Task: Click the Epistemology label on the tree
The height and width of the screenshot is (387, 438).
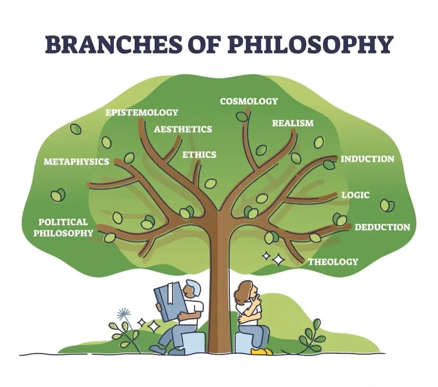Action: pos(142,112)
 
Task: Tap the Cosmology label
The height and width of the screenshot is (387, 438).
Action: pos(249,101)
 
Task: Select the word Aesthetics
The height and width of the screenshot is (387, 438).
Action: pos(183,129)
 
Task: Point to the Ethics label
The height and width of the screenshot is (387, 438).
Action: pos(199,155)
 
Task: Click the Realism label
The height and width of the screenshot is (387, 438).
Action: pos(293,123)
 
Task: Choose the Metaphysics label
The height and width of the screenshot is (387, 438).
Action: pos(76,162)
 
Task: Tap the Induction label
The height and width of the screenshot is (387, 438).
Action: pos(367,159)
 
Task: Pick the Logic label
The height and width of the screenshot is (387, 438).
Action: pos(355,195)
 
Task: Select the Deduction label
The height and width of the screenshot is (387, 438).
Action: pos(382,227)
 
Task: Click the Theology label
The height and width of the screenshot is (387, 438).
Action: pos(333,261)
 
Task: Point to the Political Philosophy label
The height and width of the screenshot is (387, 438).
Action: pos(63,228)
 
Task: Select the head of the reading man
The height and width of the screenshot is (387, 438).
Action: pos(191,289)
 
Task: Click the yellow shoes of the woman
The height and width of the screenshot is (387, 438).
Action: pos(261,351)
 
